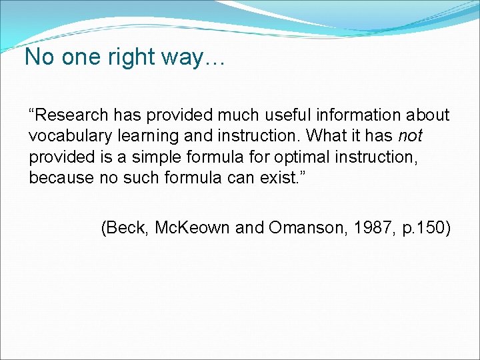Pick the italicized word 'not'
tap(410, 136)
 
